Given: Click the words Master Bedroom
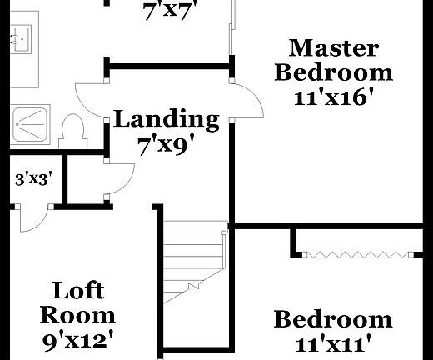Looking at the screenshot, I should click(333, 59).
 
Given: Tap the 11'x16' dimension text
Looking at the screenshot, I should click(333, 97).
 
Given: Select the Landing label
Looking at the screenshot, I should click(166, 119).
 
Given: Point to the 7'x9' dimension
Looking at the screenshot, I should click(166, 146).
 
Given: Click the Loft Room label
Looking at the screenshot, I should click(78, 302).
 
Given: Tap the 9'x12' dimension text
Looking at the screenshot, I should click(78, 339).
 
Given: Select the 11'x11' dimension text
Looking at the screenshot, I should click(332, 342).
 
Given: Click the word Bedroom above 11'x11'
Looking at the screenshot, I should click(332, 319).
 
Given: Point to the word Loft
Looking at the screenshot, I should click(78, 291).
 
